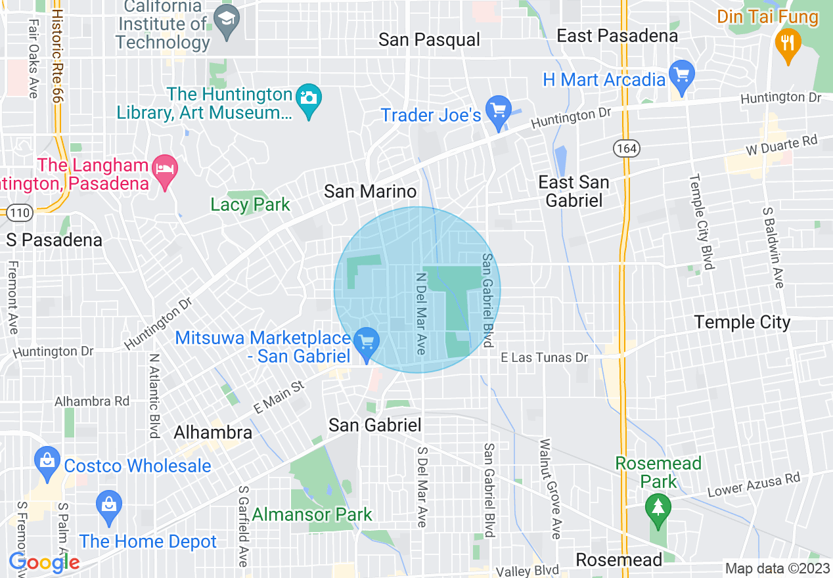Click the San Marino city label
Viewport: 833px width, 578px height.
coord(371,192)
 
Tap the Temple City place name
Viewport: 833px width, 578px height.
coord(742,322)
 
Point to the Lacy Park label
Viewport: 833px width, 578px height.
coord(250,205)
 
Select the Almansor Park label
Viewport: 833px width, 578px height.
coord(312,514)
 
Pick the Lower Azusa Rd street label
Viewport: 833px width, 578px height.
coord(754,485)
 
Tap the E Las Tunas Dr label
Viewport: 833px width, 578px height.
coord(544,358)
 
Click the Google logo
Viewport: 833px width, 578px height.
coord(44,562)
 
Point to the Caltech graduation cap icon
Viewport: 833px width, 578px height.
coord(227,20)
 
